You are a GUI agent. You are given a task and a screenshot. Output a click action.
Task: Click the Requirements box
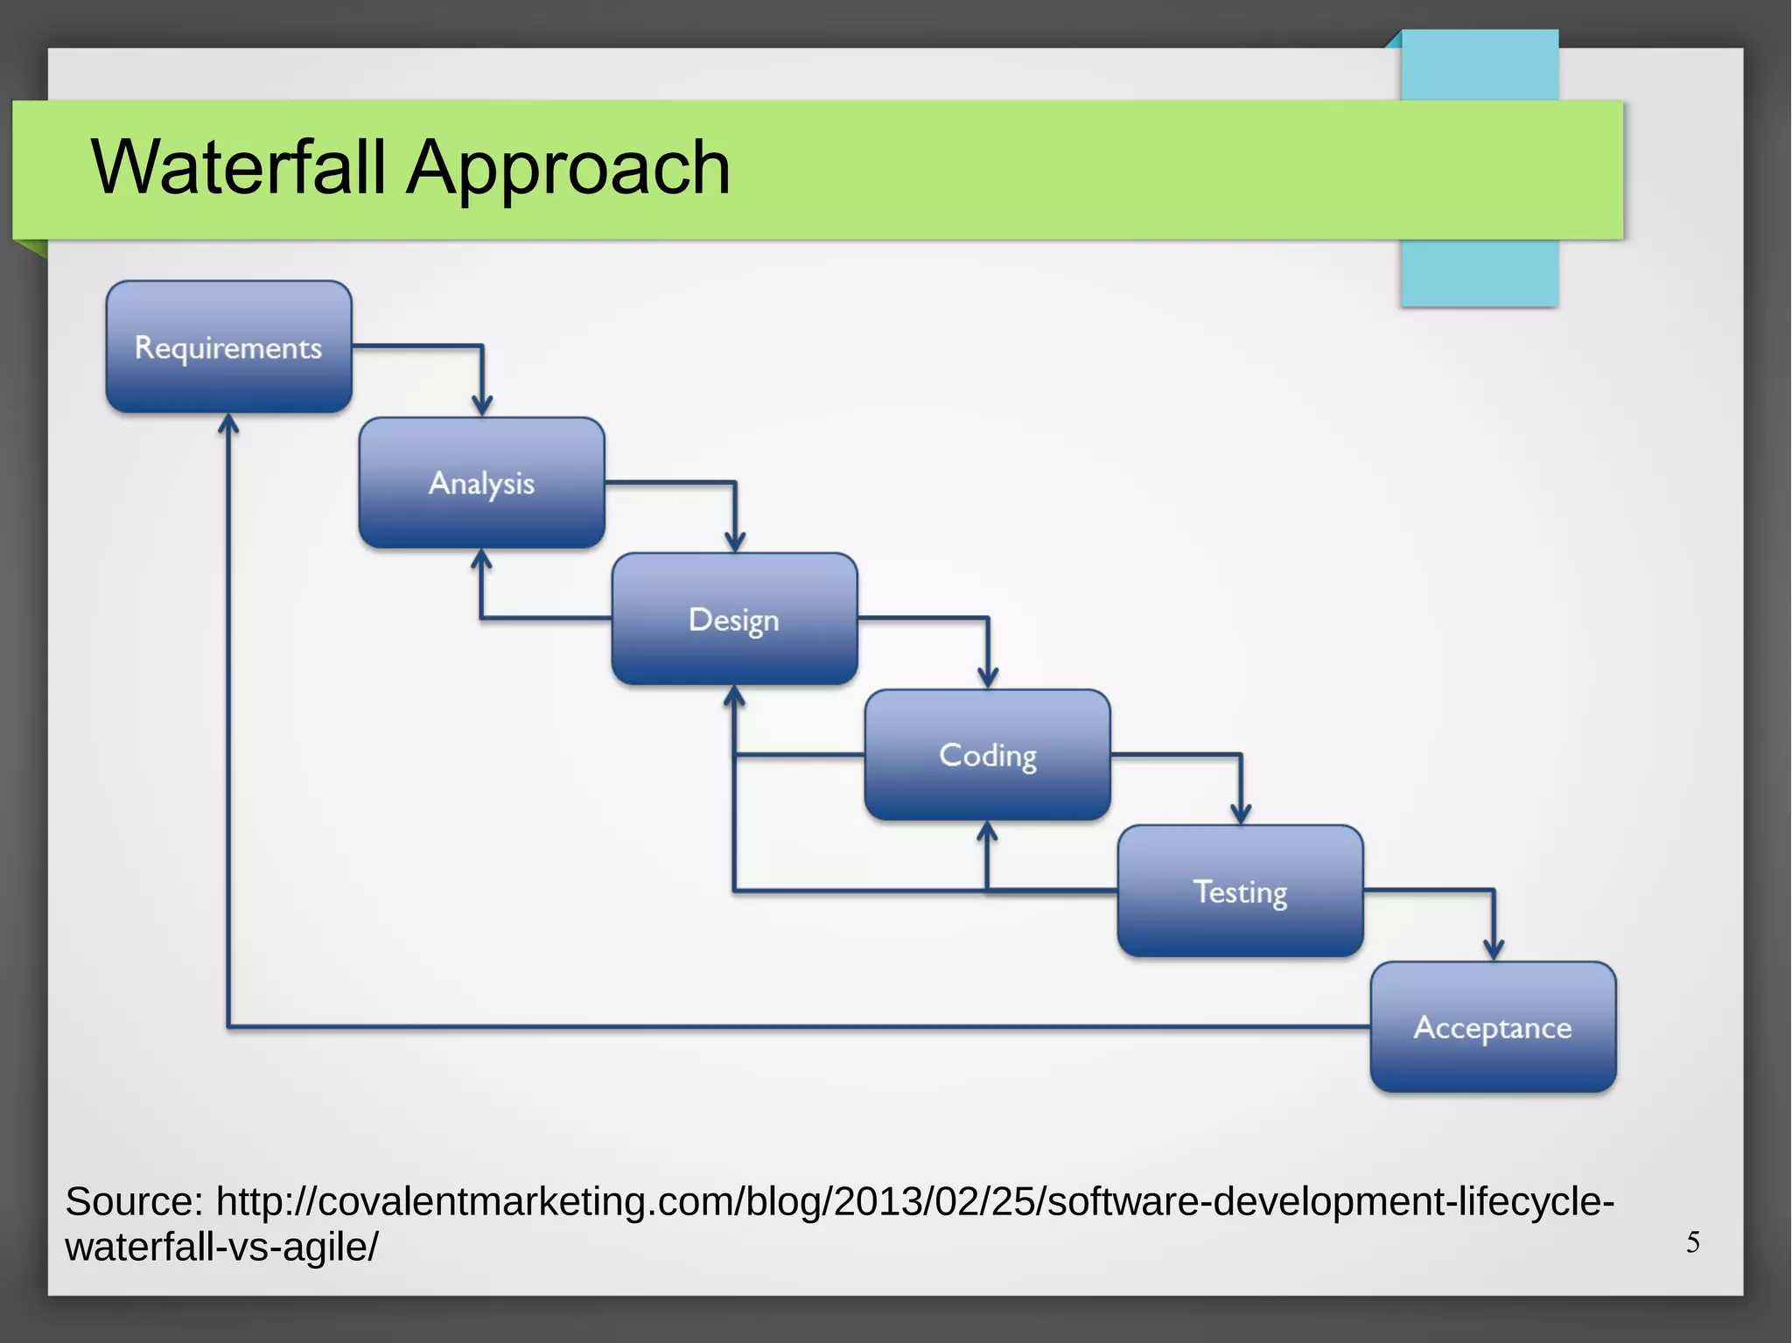228,346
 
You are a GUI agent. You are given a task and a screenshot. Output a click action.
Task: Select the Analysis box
481,483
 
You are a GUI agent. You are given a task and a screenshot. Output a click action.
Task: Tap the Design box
734,619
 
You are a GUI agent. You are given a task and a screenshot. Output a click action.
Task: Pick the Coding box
987,754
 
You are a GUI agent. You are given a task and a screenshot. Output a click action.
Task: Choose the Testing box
1240,891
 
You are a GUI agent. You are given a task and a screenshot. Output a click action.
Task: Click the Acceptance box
1493,1026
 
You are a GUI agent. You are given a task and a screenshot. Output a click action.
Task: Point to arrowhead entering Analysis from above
482,406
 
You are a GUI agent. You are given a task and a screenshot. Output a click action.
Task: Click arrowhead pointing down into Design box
735,542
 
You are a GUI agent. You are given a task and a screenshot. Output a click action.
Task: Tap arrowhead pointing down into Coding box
988,678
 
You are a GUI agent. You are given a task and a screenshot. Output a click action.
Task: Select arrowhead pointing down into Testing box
1241,815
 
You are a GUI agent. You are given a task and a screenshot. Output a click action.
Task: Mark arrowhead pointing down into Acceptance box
1494,950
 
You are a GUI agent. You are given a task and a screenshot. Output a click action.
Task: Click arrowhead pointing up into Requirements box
228,424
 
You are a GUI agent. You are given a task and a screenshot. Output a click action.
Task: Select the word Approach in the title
568,168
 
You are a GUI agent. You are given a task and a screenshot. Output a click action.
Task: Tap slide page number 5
1693,1242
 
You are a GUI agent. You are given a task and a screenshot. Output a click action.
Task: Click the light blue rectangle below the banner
1479,273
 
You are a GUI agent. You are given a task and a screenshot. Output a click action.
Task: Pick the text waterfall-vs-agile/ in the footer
221,1247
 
